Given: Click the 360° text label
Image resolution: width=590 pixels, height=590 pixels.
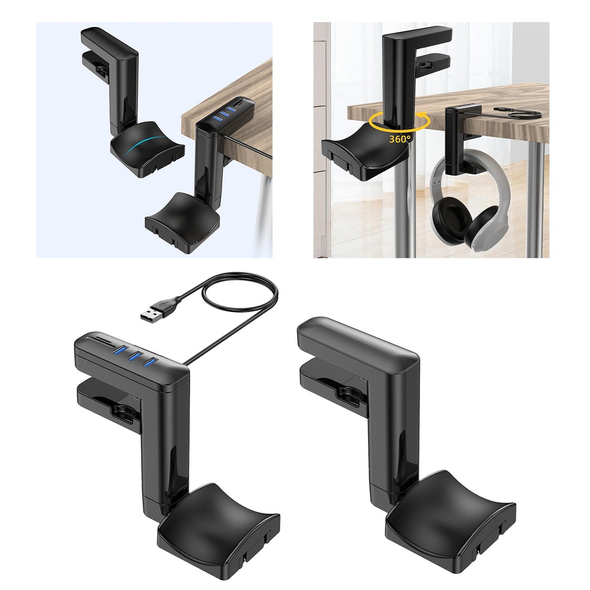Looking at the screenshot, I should [x=400, y=139].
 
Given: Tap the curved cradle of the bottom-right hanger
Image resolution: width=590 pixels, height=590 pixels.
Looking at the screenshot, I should [x=449, y=509].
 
